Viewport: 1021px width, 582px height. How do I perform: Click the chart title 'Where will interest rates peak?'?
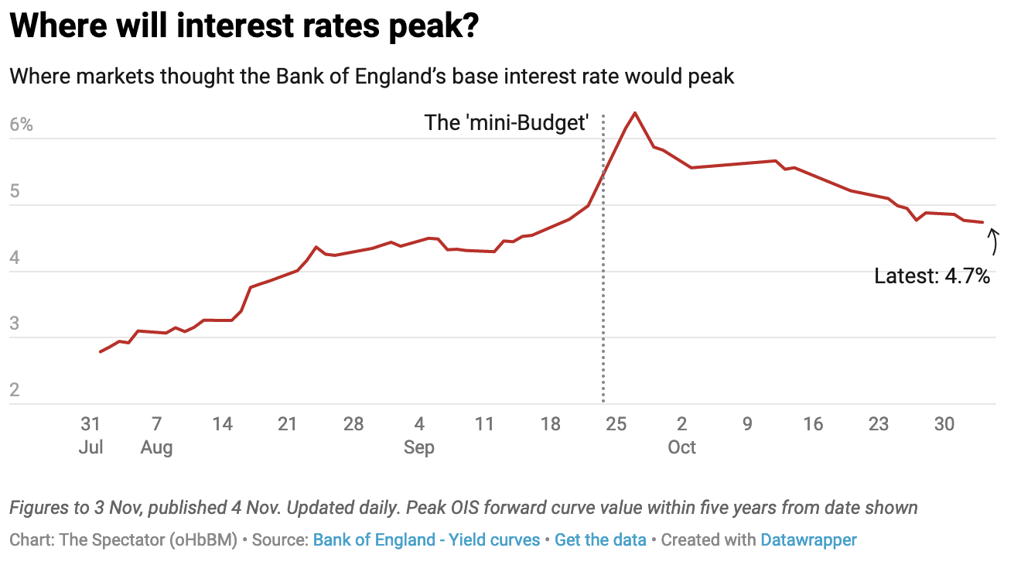coord(244,29)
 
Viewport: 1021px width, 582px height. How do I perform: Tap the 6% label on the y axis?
coord(21,125)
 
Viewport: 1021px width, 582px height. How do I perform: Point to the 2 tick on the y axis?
coord(15,390)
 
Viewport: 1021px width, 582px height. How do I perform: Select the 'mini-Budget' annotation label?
coord(507,122)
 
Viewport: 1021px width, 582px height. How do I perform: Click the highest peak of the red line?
coord(635,113)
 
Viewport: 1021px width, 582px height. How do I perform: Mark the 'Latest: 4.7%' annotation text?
coord(932,276)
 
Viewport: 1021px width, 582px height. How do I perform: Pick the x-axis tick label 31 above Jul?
coord(90,424)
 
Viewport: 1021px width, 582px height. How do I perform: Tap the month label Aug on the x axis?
coord(156,447)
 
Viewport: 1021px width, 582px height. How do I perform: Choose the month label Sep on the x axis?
coord(419,447)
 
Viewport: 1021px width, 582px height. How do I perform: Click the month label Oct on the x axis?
coord(682,447)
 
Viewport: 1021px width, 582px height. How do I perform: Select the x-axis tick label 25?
coord(616,424)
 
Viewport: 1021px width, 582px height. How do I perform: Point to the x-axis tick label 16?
coord(813,424)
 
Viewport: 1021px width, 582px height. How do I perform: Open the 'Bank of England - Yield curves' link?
coord(426,539)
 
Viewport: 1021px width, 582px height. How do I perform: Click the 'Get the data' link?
coord(600,539)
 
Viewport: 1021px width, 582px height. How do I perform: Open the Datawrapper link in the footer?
coord(808,539)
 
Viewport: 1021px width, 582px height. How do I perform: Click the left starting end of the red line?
coord(101,352)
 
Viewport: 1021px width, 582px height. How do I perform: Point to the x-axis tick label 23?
coord(879,424)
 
